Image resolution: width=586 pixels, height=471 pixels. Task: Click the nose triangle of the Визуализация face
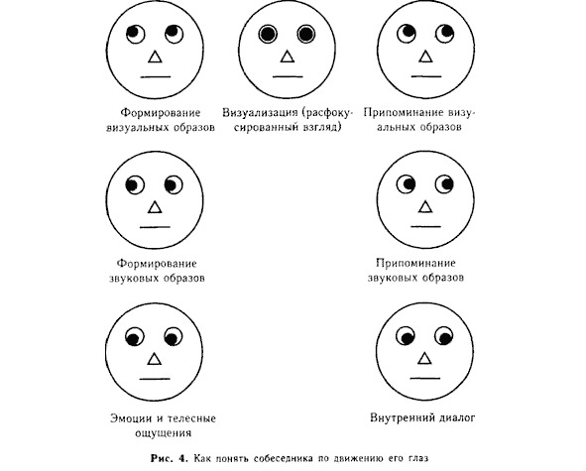288,57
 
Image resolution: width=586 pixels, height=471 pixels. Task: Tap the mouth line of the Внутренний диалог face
425,379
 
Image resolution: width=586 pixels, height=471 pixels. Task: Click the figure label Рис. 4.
169,458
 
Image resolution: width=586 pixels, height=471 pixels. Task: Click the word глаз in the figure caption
417,458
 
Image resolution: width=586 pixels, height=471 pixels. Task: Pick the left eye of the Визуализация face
268,34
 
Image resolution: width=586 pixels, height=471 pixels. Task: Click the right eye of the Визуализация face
306,34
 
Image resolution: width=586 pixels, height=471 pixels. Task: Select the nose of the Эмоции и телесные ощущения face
155,359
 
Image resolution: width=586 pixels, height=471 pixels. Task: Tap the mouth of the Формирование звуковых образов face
155,226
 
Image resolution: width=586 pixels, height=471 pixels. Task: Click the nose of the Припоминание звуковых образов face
425,206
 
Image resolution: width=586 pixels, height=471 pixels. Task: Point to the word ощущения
163,433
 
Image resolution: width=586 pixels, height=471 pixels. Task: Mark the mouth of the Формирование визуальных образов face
156,77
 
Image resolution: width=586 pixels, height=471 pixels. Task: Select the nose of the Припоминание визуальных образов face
425,57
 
